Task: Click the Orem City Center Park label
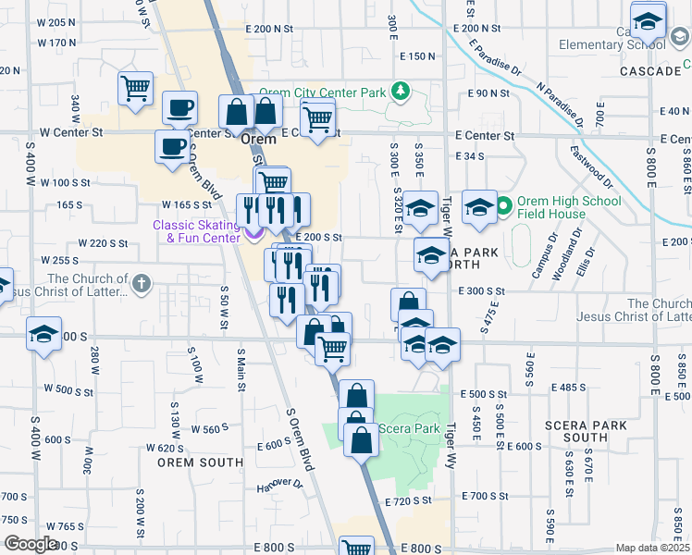(x=322, y=92)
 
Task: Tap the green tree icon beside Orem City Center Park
(x=400, y=91)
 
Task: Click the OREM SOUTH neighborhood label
(x=200, y=462)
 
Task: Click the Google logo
(x=31, y=544)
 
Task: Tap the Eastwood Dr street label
(x=590, y=164)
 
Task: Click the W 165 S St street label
(x=188, y=204)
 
